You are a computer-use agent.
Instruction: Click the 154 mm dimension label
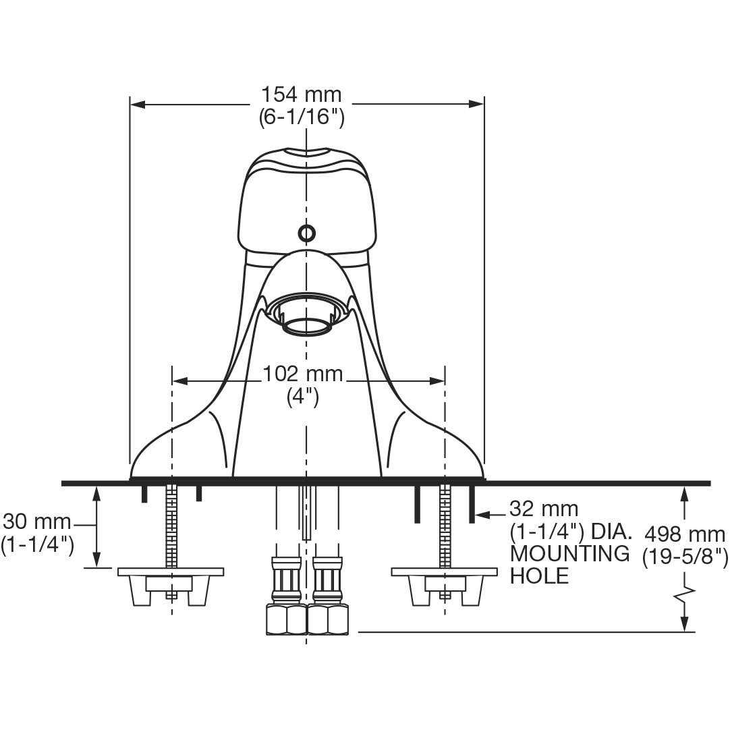(x=302, y=94)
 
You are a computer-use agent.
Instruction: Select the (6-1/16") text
(x=302, y=117)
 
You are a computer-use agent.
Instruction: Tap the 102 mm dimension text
(x=302, y=373)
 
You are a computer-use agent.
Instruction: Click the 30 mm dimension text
(x=37, y=522)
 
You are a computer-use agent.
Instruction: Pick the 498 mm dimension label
(x=685, y=534)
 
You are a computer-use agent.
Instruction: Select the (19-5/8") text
(x=685, y=557)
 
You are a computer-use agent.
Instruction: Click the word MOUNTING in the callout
(x=569, y=554)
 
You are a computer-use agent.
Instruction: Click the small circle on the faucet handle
(x=307, y=233)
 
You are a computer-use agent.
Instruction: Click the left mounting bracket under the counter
(x=171, y=584)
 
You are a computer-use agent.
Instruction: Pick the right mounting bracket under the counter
(x=445, y=584)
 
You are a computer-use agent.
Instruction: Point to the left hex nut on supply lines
(x=287, y=619)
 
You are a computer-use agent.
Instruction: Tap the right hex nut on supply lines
(x=327, y=619)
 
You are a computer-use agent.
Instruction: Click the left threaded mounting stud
(x=171, y=526)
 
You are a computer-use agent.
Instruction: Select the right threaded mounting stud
(x=445, y=526)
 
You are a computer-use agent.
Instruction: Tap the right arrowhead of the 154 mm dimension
(x=476, y=104)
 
